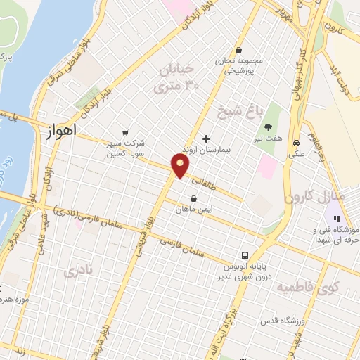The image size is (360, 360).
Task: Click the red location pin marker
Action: [181, 166]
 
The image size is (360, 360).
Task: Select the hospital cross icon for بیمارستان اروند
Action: [206, 139]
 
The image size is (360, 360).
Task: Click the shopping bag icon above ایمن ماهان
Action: [193, 198]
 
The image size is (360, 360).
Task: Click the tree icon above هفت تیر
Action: [268, 128]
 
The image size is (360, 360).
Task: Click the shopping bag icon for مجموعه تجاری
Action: [240, 50]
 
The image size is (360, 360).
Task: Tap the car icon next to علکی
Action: [297, 139]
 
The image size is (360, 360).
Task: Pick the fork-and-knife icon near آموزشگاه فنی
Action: [335, 219]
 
